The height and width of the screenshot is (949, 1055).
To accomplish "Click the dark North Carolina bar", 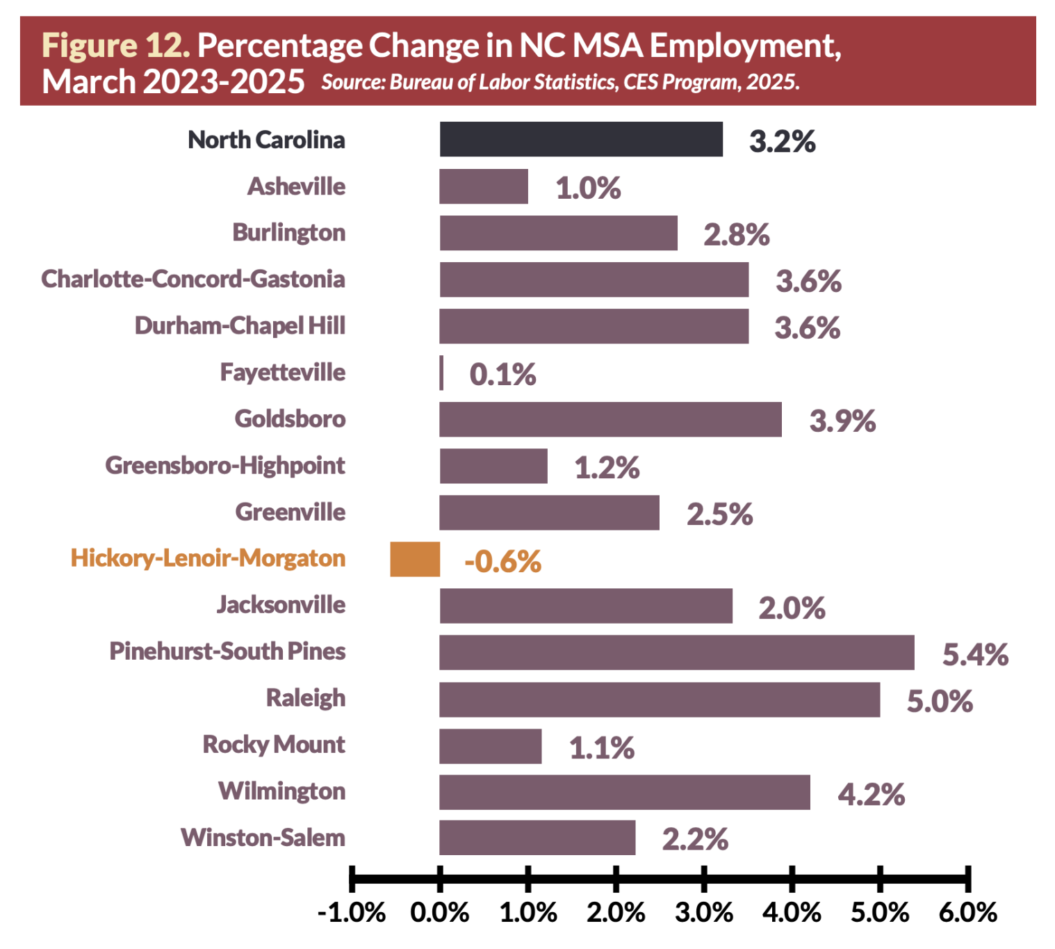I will (x=581, y=139).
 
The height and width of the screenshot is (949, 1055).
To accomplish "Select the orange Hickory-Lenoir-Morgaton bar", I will (x=415, y=559).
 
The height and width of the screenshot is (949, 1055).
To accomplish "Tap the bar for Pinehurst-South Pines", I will (x=676, y=652).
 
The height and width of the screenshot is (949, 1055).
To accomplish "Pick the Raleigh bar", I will (x=659, y=699).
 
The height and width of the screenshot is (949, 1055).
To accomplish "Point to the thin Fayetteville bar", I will (x=441, y=373).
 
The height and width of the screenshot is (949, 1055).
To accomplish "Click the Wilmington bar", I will (x=624, y=793).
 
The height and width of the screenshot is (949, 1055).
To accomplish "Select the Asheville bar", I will (x=484, y=186).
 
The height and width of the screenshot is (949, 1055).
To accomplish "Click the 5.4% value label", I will (x=975, y=655).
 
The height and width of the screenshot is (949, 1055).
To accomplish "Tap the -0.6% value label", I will (x=502, y=562).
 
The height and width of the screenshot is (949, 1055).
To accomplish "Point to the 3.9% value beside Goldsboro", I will (x=842, y=421).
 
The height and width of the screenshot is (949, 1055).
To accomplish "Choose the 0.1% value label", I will (x=502, y=375).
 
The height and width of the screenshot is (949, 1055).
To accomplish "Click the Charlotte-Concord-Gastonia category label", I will (x=193, y=279).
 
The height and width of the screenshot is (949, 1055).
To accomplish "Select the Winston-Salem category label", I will (x=263, y=838).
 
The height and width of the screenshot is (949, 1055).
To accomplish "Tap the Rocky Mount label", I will (x=274, y=745).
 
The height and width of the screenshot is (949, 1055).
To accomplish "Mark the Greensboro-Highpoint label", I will (x=225, y=465).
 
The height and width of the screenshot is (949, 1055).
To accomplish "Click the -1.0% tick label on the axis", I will (x=352, y=912).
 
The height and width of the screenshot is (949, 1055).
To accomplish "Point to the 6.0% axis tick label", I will (x=967, y=912).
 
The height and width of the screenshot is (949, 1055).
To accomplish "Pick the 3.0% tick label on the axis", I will (x=704, y=912).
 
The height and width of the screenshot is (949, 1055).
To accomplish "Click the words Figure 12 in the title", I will (x=115, y=46).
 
